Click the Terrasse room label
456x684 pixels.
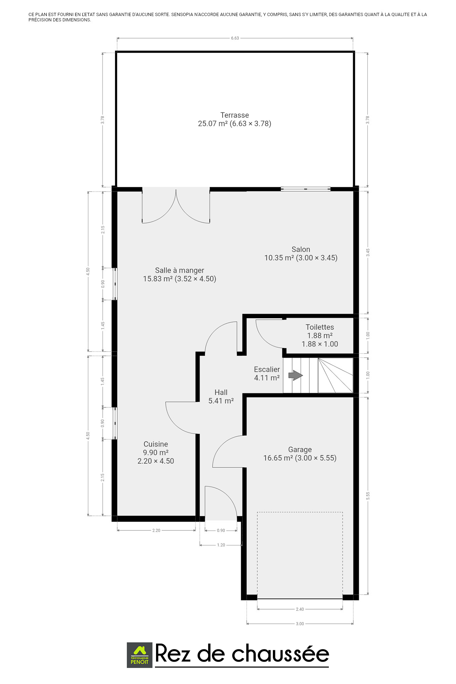(x=235, y=119)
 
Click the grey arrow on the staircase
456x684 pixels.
(x=296, y=375)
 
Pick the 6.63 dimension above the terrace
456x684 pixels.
(x=235, y=38)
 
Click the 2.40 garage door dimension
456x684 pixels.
(x=300, y=609)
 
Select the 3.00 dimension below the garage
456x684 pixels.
(x=300, y=624)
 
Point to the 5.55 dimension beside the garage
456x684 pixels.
(x=368, y=496)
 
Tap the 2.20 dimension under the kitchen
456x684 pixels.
(x=156, y=530)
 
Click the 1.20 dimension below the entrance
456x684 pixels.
(x=221, y=545)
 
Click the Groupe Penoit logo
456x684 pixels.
(x=140, y=655)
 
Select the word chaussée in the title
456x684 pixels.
(x=280, y=654)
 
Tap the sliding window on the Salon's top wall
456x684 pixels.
(x=305, y=189)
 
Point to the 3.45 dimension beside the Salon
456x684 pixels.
(x=368, y=253)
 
